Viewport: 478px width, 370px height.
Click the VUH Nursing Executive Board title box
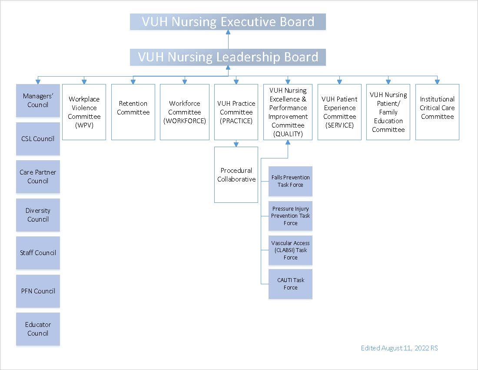coord(228,22)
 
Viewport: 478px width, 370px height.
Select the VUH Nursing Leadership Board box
coord(228,57)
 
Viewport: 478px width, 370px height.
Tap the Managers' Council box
coord(38,101)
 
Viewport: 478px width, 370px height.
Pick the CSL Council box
coord(38,139)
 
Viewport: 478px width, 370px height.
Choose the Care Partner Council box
coord(38,177)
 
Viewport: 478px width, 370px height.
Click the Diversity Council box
coord(38,215)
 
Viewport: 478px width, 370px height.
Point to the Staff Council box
coord(38,253)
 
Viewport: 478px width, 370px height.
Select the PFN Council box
coord(38,291)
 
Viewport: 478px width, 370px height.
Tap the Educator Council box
coord(38,329)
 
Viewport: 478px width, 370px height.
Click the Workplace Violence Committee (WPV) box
coord(84,112)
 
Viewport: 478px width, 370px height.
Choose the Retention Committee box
coord(133,112)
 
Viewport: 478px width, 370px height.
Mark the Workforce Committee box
coord(185,112)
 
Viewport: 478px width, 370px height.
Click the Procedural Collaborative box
coord(236,175)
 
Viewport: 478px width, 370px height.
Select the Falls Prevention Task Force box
coord(290,181)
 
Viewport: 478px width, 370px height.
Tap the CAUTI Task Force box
coord(290,284)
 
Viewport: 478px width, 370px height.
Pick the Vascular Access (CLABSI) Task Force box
coord(290,250)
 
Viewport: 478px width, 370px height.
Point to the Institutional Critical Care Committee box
coord(437,112)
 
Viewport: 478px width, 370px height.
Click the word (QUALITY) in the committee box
coord(288,134)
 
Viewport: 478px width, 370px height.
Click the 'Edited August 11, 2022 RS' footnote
coord(399,348)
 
